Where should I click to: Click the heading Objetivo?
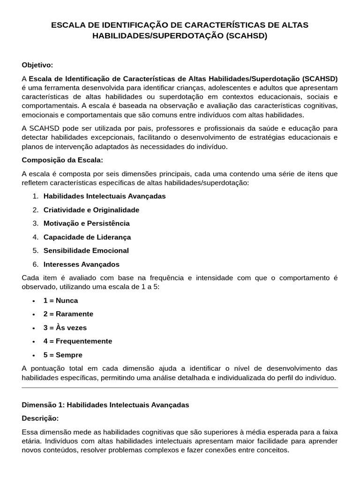tap(37, 65)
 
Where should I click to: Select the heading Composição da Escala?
tap(62, 160)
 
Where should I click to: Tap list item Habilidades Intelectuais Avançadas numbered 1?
tap(105, 196)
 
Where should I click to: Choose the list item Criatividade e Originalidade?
tap(91, 210)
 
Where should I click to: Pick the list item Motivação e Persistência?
tap(87, 223)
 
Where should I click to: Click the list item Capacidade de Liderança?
tap(87, 237)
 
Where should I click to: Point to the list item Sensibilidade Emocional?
tap(86, 250)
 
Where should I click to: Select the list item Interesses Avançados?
tap(82, 264)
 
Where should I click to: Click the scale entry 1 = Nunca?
tap(61, 300)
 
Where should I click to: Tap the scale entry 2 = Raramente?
tap(68, 314)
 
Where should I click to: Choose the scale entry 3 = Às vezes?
tap(65, 328)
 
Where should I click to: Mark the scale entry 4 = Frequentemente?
tap(78, 341)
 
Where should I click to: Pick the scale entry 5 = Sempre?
tap(63, 355)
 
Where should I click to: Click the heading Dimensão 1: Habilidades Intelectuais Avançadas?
tap(105, 405)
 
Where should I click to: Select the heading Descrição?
tap(40, 418)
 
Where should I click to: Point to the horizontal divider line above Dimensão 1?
tap(180, 388)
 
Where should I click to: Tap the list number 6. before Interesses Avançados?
tap(36, 264)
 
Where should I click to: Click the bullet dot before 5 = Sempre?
tap(34, 355)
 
